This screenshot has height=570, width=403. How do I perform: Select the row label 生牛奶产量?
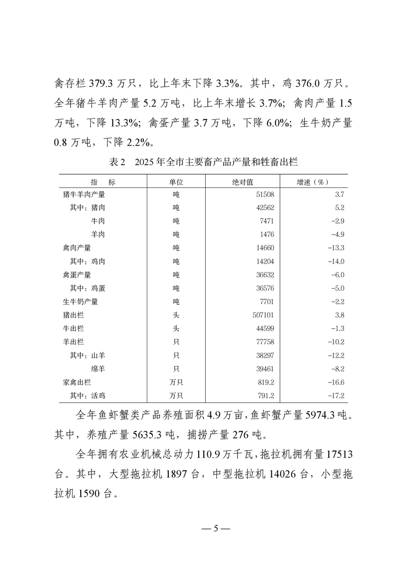coord(81,302)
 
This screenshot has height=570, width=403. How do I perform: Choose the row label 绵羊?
coord(98,369)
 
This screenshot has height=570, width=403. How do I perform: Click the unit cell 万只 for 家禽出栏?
coord(176,382)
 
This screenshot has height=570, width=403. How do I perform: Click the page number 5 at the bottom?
coord(215,528)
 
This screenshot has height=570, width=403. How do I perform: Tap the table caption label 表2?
coord(117,162)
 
